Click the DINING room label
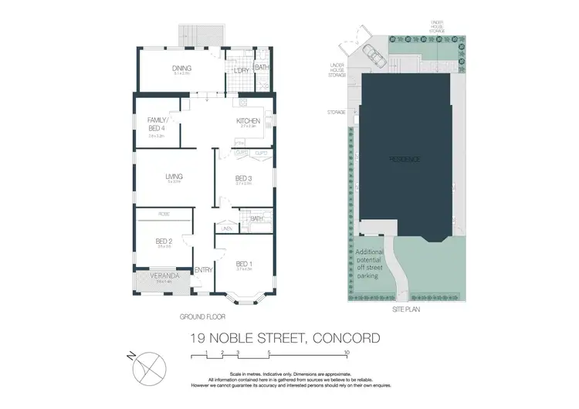pyautogui.click(x=181, y=68)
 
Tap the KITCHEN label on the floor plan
pyautogui.click(x=249, y=121)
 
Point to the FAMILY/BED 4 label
pyautogui.click(x=159, y=124)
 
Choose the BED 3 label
pyautogui.click(x=244, y=178)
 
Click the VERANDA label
pyautogui.click(x=165, y=275)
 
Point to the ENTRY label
pyautogui.click(x=204, y=269)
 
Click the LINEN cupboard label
pyautogui.click(x=226, y=228)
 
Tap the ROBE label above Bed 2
pyautogui.click(x=164, y=213)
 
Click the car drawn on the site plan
pyautogui.click(x=371, y=56)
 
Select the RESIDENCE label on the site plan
pyautogui.click(x=404, y=159)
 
